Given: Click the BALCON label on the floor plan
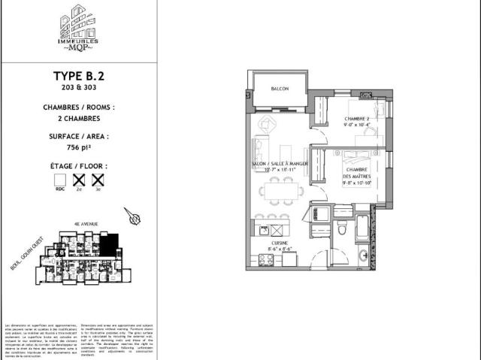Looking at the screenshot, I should click(x=280, y=89).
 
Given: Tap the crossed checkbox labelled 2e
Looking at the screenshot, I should click(x=77, y=180).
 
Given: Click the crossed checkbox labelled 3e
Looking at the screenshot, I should click(x=96, y=180).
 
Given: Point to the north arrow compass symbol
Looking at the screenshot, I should click(x=135, y=217).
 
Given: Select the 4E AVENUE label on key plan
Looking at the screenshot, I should click(x=83, y=224).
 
